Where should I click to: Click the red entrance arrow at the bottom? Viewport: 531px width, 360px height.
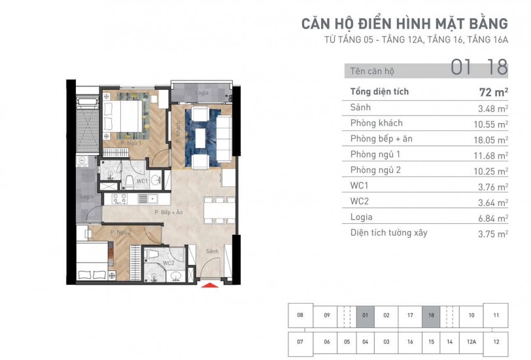tap(210, 285)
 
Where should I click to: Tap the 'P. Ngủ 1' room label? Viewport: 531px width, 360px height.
tap(131, 143)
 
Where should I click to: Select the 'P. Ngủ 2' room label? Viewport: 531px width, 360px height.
tap(120, 232)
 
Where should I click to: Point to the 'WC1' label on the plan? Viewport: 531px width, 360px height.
tap(143, 181)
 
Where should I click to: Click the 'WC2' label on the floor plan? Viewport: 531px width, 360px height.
tap(169, 263)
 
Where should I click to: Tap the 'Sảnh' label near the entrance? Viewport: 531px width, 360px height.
tap(213, 251)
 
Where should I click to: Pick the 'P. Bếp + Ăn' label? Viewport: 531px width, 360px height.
tap(169, 212)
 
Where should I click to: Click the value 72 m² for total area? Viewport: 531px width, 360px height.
tap(494, 92)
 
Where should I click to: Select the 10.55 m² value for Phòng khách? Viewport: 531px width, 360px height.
tap(490, 124)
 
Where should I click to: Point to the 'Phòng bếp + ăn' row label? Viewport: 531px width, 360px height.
tap(381, 139)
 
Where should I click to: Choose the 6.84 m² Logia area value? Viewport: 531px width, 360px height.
tap(493, 218)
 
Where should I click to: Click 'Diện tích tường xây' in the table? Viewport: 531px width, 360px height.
tap(388, 233)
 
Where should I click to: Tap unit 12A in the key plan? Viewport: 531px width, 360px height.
tap(471, 342)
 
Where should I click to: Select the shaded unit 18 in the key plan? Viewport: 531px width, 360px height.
tap(431, 315)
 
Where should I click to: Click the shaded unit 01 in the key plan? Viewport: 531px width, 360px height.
tap(365, 315)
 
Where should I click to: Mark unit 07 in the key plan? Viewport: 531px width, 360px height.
tap(300, 342)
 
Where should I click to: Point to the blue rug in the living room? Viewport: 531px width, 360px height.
tap(203, 137)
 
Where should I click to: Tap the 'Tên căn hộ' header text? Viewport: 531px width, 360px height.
tap(372, 71)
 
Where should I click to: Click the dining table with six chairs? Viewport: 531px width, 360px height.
tap(219, 210)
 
